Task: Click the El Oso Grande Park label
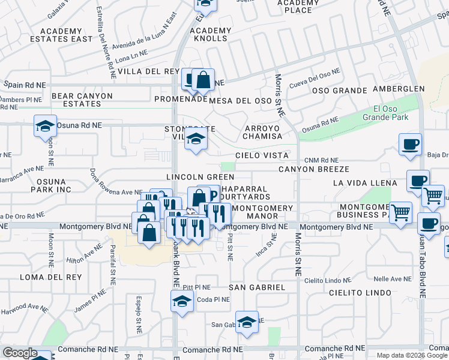point(390,113)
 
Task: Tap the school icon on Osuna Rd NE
point(45,126)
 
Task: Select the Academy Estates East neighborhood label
point(66,35)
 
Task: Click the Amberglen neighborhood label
point(398,89)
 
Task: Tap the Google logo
point(19,353)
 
